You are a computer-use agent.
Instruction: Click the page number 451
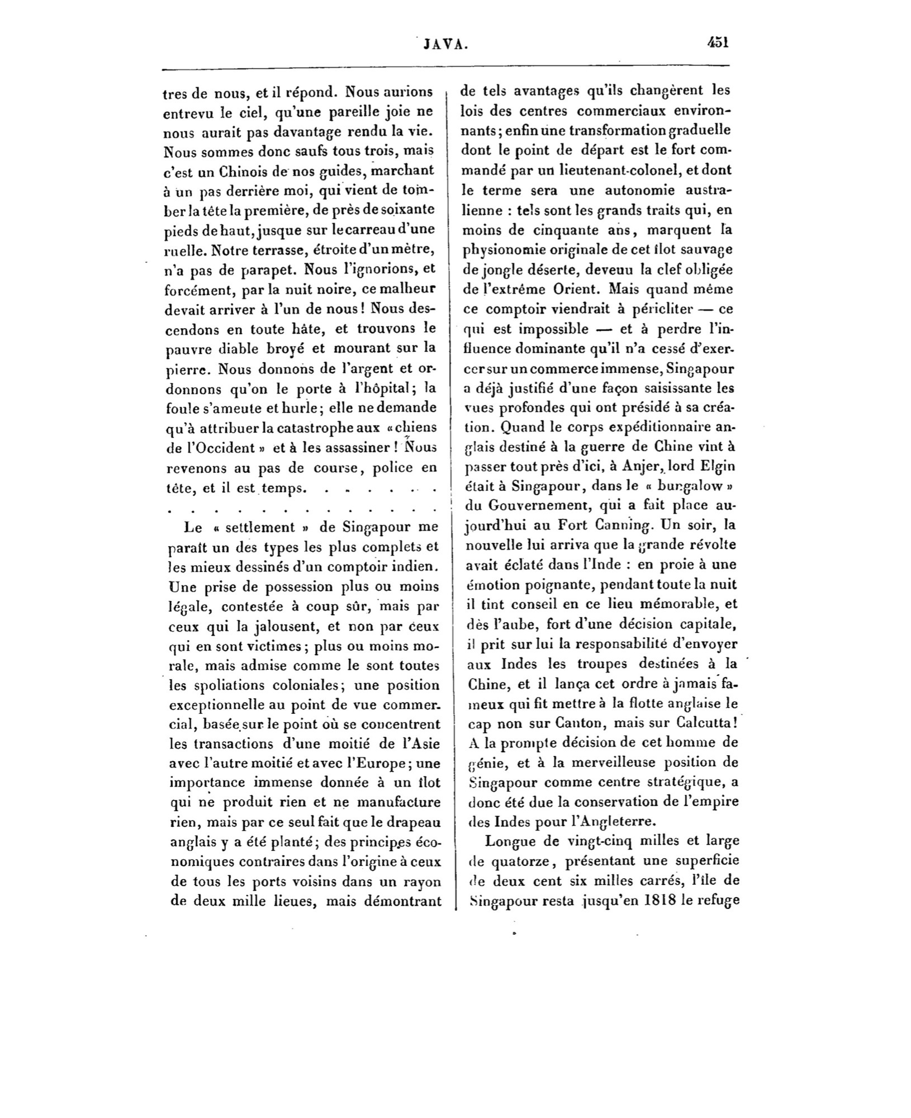coord(718,43)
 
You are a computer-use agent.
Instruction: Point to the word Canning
coord(616,525)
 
